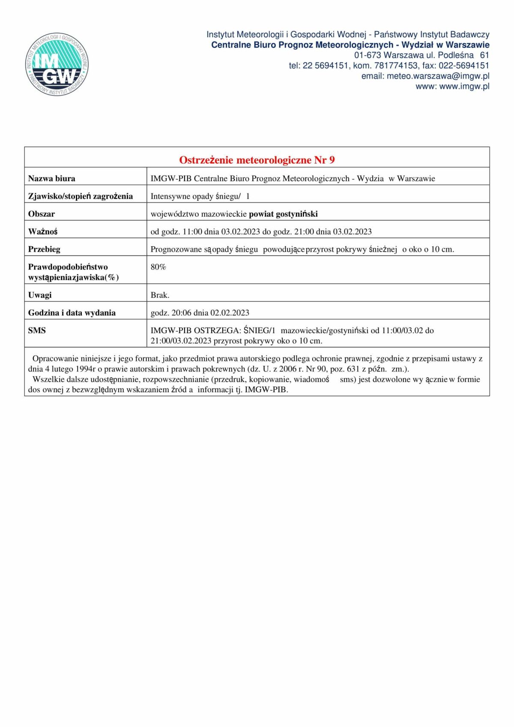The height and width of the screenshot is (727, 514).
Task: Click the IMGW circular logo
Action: [x=57, y=64]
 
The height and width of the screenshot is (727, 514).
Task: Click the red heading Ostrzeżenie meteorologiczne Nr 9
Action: [x=257, y=160]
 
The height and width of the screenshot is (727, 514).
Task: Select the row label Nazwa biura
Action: [x=51, y=179]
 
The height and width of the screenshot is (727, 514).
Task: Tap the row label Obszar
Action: [x=42, y=214]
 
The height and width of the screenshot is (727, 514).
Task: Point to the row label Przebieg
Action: [x=44, y=249]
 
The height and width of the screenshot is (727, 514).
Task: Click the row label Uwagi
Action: [x=40, y=295]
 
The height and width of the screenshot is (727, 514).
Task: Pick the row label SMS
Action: [x=37, y=331]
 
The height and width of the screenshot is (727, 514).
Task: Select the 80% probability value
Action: [x=158, y=267]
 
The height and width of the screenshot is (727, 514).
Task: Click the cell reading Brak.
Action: [x=160, y=295]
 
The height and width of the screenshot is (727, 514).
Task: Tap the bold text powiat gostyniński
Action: [x=283, y=214]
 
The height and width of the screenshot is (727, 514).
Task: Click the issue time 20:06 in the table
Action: [x=181, y=313]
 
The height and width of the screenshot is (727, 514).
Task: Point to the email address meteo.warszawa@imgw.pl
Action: [x=438, y=76]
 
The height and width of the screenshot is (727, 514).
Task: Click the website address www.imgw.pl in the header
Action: [x=464, y=86]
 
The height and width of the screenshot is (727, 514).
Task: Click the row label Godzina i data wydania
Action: [x=72, y=313]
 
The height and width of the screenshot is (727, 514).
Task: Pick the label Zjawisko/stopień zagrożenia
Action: [x=81, y=196]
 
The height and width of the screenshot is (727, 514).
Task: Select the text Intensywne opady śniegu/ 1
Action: [x=200, y=197]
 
